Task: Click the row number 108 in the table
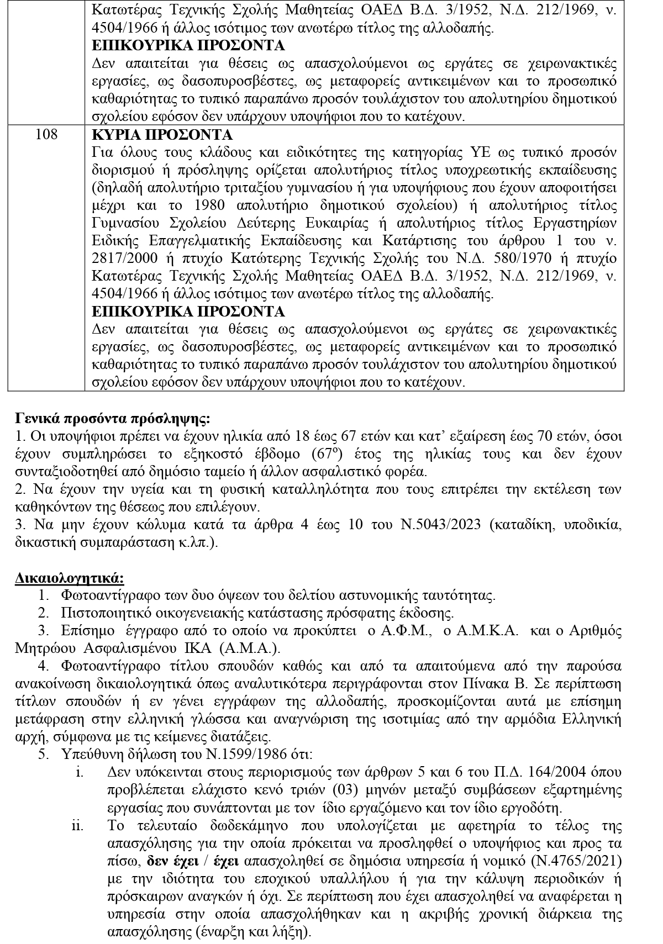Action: pyautogui.click(x=46, y=135)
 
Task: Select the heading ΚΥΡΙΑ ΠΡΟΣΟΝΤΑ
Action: pyautogui.click(x=162, y=135)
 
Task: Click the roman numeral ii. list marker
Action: pyautogui.click(x=77, y=826)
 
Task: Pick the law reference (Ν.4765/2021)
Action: pyautogui.click(x=577, y=862)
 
